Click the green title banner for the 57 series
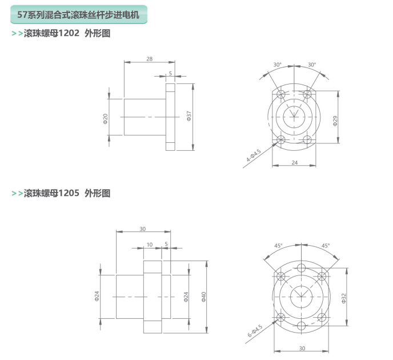(x=79, y=14)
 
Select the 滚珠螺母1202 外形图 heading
(x=67, y=33)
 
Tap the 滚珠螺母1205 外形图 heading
(x=67, y=193)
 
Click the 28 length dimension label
(x=150, y=59)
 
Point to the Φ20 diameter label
(x=106, y=119)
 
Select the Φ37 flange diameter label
(x=189, y=116)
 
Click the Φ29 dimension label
(x=335, y=121)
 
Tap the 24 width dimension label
(x=295, y=163)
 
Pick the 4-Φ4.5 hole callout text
(x=254, y=155)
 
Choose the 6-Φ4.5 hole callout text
(x=255, y=331)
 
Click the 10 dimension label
(x=150, y=245)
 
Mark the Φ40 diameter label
(x=204, y=297)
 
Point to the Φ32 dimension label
(x=344, y=298)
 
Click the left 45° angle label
(x=278, y=246)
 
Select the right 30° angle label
(x=312, y=65)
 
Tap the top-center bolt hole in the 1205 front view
(x=301, y=267)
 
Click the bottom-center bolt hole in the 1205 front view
(x=301, y=326)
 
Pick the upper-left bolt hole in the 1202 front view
(x=281, y=95)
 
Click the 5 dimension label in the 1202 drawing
(x=170, y=74)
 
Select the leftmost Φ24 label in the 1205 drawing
(x=97, y=296)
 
